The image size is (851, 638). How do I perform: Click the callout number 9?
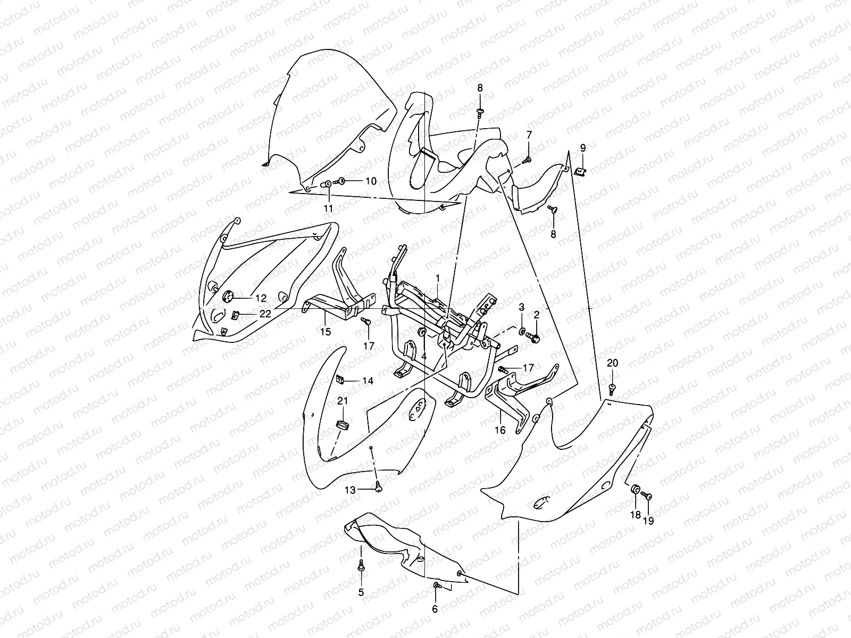582,147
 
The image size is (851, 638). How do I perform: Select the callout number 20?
612,363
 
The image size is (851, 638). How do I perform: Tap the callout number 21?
342,401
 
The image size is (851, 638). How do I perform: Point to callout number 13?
349,490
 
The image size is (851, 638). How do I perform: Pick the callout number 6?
435,609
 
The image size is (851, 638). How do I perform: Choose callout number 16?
500,430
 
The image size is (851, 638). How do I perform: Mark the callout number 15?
326,332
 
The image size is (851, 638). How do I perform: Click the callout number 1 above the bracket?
438,278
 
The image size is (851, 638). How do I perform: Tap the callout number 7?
529,135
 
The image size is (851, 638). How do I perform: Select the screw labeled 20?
612,389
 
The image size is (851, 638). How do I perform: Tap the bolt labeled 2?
534,337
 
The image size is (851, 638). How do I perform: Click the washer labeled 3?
521,332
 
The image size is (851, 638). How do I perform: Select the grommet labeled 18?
635,489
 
